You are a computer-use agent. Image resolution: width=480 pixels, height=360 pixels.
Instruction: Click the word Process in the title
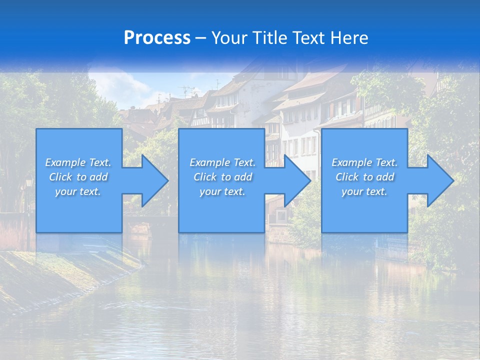(157, 38)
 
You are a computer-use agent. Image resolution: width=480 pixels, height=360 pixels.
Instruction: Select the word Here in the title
(349, 38)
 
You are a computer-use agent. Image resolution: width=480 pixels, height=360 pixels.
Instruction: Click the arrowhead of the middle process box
(297, 180)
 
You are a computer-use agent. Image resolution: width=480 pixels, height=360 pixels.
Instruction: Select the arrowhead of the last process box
(440, 180)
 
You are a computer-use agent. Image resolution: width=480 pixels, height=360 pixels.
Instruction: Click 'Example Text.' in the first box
(78, 162)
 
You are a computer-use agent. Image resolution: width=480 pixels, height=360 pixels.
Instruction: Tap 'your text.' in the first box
(78, 191)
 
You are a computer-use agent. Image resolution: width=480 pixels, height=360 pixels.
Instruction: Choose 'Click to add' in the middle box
(222, 177)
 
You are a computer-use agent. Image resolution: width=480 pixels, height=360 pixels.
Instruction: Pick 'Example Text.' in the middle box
(222, 162)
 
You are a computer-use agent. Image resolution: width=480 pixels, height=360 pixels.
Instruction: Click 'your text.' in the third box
(364, 191)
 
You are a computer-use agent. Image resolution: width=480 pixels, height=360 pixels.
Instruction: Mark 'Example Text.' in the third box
(364, 162)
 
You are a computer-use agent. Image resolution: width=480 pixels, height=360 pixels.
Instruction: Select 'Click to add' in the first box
(78, 177)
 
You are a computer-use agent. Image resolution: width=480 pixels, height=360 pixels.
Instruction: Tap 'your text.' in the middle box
(222, 191)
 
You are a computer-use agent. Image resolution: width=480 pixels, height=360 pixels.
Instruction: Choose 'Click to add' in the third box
(364, 177)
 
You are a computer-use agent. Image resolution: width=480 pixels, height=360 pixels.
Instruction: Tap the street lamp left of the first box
(28, 183)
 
